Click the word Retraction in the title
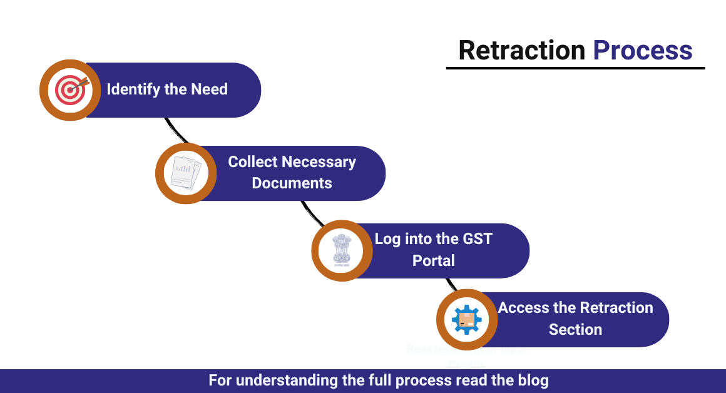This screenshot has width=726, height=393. pos(521,50)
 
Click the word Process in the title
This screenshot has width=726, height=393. pos(643,50)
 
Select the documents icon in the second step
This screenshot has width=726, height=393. pos(185,173)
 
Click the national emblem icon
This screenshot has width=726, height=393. pos(342,250)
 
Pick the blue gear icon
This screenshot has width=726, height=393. pos(467,320)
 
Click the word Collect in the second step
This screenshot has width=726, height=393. pos(252,162)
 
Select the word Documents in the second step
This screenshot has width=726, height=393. pos(292,183)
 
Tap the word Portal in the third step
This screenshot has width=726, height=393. pos(433,260)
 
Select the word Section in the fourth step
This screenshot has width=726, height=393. pos(575,329)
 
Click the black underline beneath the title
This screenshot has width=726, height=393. pos(575,68)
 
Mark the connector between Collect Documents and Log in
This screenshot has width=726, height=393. pos(312,213)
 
